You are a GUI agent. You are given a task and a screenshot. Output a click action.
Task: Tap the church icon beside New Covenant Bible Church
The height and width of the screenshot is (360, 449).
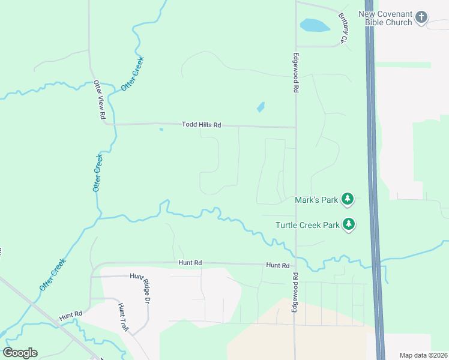point(421,17)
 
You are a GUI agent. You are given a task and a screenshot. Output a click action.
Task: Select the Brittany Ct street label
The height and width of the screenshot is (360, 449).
point(343,29)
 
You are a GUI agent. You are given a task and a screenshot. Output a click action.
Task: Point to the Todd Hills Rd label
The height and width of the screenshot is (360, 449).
point(202,125)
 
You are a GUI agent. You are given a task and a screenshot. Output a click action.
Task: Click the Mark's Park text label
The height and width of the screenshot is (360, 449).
point(317,199)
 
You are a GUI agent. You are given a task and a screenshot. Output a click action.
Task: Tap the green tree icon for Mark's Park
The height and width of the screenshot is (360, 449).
point(348,199)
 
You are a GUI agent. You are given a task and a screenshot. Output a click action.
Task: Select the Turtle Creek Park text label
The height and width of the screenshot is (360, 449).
point(307,225)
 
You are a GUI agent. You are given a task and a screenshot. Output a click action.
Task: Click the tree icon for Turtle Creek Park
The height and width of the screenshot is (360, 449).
point(349,224)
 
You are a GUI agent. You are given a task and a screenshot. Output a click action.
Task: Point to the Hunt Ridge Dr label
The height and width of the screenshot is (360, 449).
point(145,288)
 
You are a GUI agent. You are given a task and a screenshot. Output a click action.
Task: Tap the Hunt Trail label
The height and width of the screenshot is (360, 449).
point(123,314)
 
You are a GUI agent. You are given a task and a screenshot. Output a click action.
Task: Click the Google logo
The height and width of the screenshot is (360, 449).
point(20,353)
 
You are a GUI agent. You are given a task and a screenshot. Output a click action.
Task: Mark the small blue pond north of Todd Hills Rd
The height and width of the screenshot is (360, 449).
point(261,107)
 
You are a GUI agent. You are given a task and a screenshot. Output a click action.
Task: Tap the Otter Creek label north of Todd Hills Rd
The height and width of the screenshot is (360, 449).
point(133,73)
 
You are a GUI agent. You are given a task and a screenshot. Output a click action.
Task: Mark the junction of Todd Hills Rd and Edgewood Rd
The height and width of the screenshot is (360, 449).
point(295,127)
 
